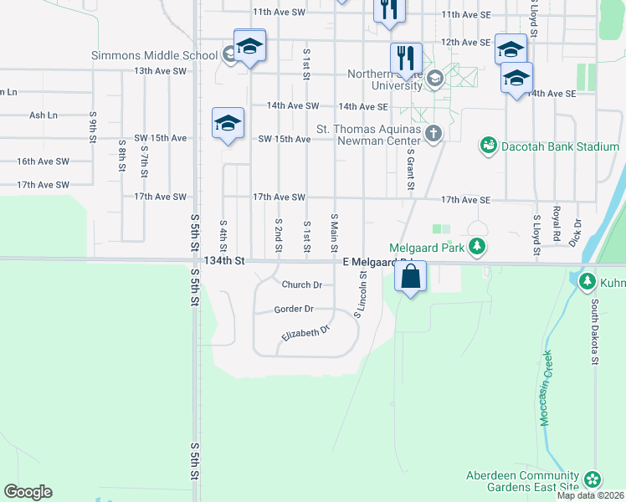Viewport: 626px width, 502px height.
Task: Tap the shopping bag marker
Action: (x=410, y=277)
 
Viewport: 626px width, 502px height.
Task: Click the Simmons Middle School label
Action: (x=155, y=56)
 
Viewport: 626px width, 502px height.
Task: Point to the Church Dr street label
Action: (x=302, y=284)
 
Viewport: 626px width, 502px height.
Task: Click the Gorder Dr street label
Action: (x=294, y=309)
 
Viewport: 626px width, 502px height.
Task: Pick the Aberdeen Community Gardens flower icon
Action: (x=593, y=479)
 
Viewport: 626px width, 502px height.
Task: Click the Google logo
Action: (x=28, y=492)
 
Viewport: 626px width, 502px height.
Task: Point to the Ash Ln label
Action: (x=44, y=115)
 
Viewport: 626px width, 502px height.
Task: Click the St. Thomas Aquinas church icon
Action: (x=433, y=134)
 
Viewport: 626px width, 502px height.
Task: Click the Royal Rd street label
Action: (x=557, y=221)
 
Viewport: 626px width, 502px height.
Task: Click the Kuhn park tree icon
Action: (x=587, y=281)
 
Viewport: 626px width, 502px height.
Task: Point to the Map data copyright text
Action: (x=591, y=495)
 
